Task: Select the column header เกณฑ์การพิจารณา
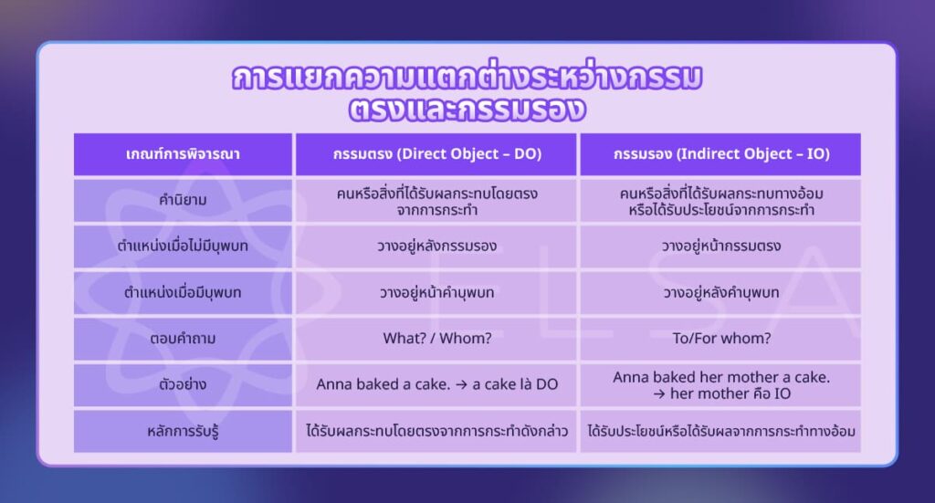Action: (x=183, y=154)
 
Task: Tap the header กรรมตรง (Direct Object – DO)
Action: (x=436, y=154)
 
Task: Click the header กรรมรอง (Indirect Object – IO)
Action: (x=720, y=154)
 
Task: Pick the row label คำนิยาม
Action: (x=183, y=201)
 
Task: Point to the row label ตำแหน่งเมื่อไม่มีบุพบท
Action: (x=183, y=246)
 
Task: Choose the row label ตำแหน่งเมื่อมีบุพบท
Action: (x=183, y=293)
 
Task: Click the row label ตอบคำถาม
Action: (x=183, y=339)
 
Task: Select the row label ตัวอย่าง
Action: (x=183, y=384)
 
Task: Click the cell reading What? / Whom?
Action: (x=436, y=339)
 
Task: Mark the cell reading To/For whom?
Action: (x=720, y=339)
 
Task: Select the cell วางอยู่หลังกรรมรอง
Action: (x=436, y=246)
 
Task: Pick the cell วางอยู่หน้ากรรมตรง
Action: (x=720, y=246)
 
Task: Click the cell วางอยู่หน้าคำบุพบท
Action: (x=436, y=293)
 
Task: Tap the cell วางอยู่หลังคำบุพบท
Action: (x=720, y=293)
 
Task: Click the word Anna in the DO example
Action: (x=335, y=384)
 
